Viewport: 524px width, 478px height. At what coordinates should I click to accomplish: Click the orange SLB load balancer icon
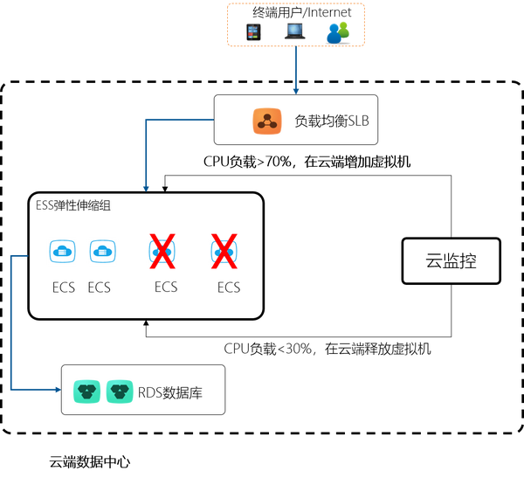pos(266,121)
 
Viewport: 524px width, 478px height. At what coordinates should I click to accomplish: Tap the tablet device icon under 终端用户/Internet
pos(253,32)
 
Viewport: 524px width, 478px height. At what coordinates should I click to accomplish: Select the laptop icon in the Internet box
pos(295,31)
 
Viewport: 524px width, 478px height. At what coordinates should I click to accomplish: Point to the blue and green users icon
pos(338,33)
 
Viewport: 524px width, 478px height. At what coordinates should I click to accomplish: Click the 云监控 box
pos(452,261)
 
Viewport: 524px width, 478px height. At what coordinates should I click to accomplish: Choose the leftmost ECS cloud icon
pos(63,251)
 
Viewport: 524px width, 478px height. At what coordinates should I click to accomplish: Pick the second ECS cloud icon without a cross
pos(102,251)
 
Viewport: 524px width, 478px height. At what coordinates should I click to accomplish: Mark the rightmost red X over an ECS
pos(224,251)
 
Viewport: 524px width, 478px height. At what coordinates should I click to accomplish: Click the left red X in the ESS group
pos(162,251)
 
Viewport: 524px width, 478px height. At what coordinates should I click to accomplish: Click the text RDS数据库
pos(170,392)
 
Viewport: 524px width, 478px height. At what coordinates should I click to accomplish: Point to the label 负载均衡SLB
pos(332,121)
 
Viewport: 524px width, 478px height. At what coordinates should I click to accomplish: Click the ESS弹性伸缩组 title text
pos(73,205)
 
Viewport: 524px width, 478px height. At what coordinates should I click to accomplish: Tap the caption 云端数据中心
pos(90,462)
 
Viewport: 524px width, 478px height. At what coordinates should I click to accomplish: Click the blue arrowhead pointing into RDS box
pos(59,390)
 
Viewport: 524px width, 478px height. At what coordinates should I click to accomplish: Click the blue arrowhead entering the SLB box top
pos(296,92)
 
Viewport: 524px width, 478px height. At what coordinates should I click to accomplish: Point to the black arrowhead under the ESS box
pos(146,323)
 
